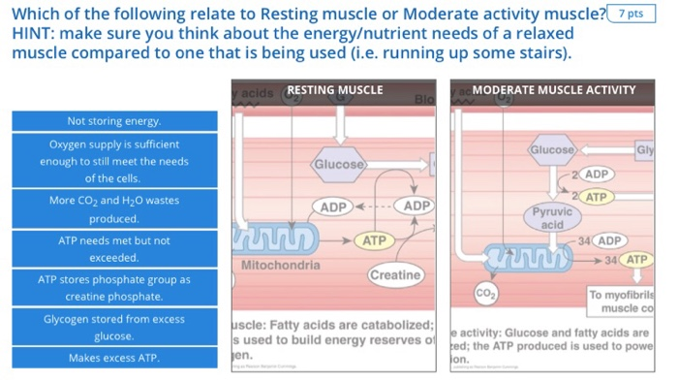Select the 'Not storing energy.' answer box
[114, 121]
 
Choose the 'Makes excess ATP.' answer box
[114, 358]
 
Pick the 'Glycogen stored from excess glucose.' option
[114, 328]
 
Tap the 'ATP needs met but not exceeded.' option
[114, 249]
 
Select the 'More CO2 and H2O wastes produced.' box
[114, 209]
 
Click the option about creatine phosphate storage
[114, 288]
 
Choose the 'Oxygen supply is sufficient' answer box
[114, 161]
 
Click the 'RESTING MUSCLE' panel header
[334, 90]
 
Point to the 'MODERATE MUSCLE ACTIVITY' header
[554, 90]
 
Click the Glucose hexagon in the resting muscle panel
[339, 164]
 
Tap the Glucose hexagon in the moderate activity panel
[552, 150]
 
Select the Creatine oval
[395, 275]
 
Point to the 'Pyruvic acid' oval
[552, 217]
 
